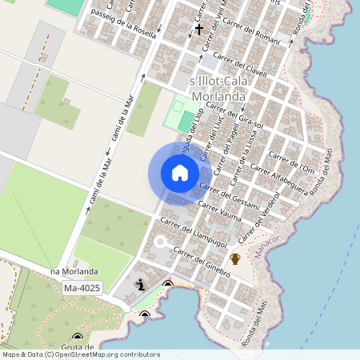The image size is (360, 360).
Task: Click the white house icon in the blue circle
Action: (180, 173)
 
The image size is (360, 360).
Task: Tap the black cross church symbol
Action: (198, 30)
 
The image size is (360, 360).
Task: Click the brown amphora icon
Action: (235, 258)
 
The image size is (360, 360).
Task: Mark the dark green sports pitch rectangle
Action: (186, 122)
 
